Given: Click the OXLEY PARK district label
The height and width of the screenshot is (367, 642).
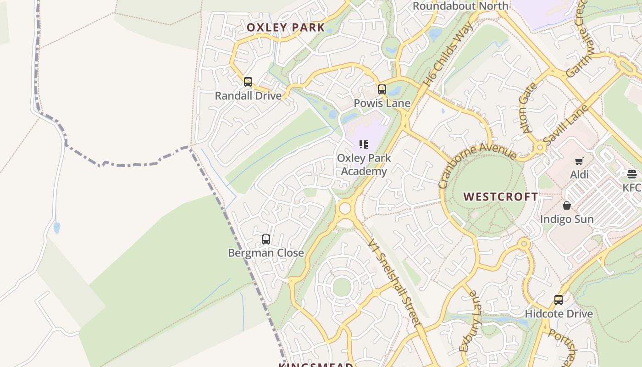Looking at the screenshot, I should pos(286,28).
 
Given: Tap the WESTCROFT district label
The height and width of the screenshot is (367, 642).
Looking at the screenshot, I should pos(501,197).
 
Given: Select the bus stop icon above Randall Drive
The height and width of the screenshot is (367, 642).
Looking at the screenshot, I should pos(248,82).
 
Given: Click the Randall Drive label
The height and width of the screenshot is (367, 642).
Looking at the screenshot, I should pos(248,96).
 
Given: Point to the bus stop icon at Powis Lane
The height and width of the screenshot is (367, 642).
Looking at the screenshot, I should pos(382,89).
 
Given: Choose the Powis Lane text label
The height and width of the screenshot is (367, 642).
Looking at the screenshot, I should pos(382,103).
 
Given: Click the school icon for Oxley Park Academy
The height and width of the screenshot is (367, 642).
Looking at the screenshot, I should pos(364,145).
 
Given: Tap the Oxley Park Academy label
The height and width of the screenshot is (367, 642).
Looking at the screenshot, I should pos(364,165).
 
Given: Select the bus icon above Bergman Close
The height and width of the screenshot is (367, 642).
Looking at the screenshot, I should pos(266,239).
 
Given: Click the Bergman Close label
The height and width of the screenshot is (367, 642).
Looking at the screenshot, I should pos(266,253).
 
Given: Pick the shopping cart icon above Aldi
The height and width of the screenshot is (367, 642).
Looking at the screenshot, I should pos(579,161).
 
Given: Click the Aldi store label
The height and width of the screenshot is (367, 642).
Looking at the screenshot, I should pos(579,175).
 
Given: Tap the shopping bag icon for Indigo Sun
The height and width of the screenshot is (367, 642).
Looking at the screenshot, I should pos(567,206).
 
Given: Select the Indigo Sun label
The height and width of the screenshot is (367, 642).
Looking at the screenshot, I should pos(567,219).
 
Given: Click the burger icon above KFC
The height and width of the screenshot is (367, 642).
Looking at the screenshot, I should pos(632,174).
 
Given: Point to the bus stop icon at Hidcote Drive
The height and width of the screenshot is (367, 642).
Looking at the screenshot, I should pos(559,300).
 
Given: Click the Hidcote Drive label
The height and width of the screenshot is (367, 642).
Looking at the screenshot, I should pos(559,314).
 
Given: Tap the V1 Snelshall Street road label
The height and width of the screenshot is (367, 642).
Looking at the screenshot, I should pos(394,282).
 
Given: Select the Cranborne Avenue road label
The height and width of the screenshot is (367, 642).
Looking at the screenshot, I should pos(477,164).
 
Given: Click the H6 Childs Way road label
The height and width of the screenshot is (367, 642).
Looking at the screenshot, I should pos(448,55).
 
